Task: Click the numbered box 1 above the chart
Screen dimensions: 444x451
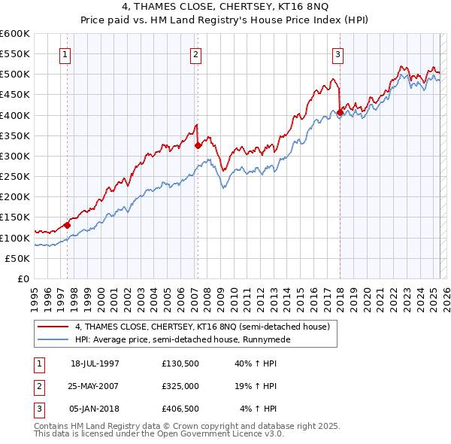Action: pyautogui.click(x=65, y=54)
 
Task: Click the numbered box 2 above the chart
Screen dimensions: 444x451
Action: pyautogui.click(x=195, y=54)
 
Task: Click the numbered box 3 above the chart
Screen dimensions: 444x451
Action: pyautogui.click(x=337, y=54)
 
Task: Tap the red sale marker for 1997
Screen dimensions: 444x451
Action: pyautogui.click(x=68, y=224)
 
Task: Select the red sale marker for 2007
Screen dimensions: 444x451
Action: pyautogui.click(x=198, y=145)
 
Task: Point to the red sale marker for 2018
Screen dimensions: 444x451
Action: pyautogui.click(x=340, y=113)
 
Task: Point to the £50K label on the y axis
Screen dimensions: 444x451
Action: pyautogui.click(x=18, y=258)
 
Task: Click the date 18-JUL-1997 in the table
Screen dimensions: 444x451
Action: pyautogui.click(x=95, y=363)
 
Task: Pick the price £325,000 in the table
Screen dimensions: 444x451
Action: pyautogui.click(x=180, y=386)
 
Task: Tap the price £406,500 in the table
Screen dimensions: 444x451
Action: pyautogui.click(x=180, y=409)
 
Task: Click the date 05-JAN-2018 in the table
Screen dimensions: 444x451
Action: pyautogui.click(x=95, y=409)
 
